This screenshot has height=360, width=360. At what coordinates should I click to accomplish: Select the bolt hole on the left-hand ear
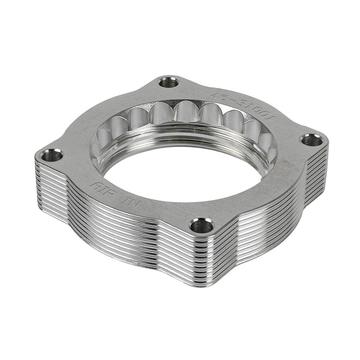(51, 154)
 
